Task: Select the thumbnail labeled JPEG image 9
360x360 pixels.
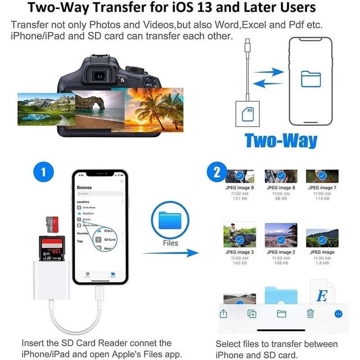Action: [239, 176]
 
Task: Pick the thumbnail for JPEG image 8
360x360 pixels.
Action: [281, 176]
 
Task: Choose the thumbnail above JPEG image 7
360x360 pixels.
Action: [322, 176]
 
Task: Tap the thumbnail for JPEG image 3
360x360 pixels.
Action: [239, 235]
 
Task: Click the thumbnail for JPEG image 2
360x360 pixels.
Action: [281, 234]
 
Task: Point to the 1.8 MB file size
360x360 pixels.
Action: [322, 263]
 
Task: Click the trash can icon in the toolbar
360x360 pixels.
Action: [310, 314]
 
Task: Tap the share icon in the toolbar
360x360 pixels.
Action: [224, 314]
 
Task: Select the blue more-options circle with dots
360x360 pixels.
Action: [338, 314]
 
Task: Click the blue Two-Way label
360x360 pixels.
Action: [281, 141]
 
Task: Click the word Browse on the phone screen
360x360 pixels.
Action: [84, 187]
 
